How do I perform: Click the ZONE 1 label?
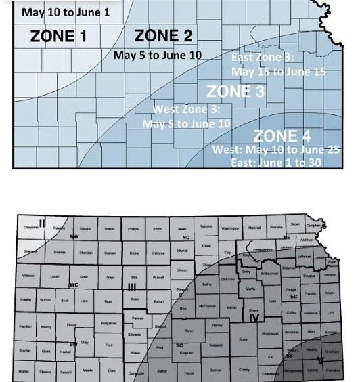[x=58, y=37]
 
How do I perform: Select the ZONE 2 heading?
[x=164, y=36]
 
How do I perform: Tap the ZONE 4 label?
[x=282, y=136]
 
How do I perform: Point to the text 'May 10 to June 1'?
[x=66, y=12]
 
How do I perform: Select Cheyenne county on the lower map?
[x=31, y=228]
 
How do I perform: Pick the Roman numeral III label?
[x=133, y=287]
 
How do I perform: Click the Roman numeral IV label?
[x=254, y=318]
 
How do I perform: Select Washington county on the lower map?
[x=230, y=228]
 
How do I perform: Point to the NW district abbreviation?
[x=74, y=237]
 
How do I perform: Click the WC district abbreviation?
[x=73, y=285]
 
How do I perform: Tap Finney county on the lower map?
[x=72, y=326]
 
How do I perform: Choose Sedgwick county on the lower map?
[x=216, y=345]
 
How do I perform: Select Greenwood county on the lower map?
[x=270, y=333]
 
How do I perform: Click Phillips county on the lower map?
[x=133, y=230]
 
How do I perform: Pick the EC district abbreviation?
[x=294, y=297]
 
